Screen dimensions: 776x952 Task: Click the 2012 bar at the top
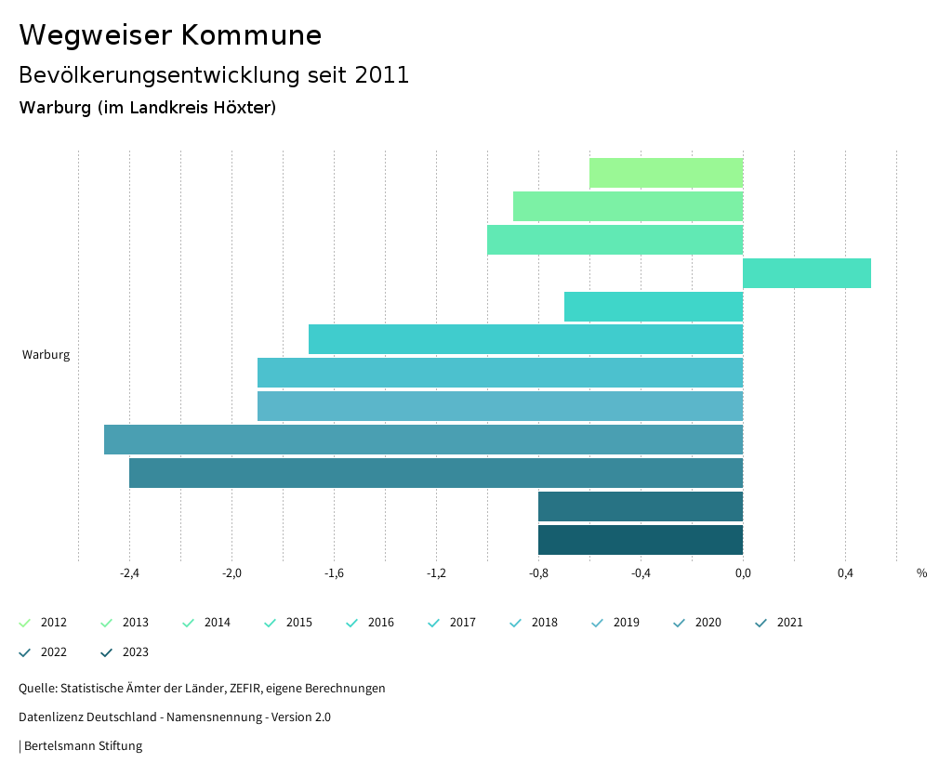pos(666,173)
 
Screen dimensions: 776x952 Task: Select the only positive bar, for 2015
pos(807,273)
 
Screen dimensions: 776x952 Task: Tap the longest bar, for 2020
pos(423,440)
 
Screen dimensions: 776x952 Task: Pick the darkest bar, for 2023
pos(641,540)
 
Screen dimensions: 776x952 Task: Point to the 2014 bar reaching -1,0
pos(615,240)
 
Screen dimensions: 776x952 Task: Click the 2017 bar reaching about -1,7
pos(525,339)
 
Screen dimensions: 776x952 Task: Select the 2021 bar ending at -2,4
pos(436,473)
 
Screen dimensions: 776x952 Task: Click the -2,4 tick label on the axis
pos(130,573)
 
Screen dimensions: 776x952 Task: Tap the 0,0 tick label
pos(743,573)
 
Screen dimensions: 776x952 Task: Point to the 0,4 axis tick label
pos(845,573)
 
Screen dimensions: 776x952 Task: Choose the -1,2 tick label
pos(436,573)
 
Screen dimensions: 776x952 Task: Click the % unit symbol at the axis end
pos(921,573)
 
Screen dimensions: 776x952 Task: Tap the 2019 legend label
pos(626,623)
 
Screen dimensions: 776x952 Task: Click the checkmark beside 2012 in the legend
pos(25,623)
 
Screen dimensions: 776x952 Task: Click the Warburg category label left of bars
pos(46,355)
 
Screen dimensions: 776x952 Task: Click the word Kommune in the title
pos(251,35)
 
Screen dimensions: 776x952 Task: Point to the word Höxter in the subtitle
pos(245,108)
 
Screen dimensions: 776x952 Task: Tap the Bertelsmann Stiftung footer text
pos(83,745)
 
